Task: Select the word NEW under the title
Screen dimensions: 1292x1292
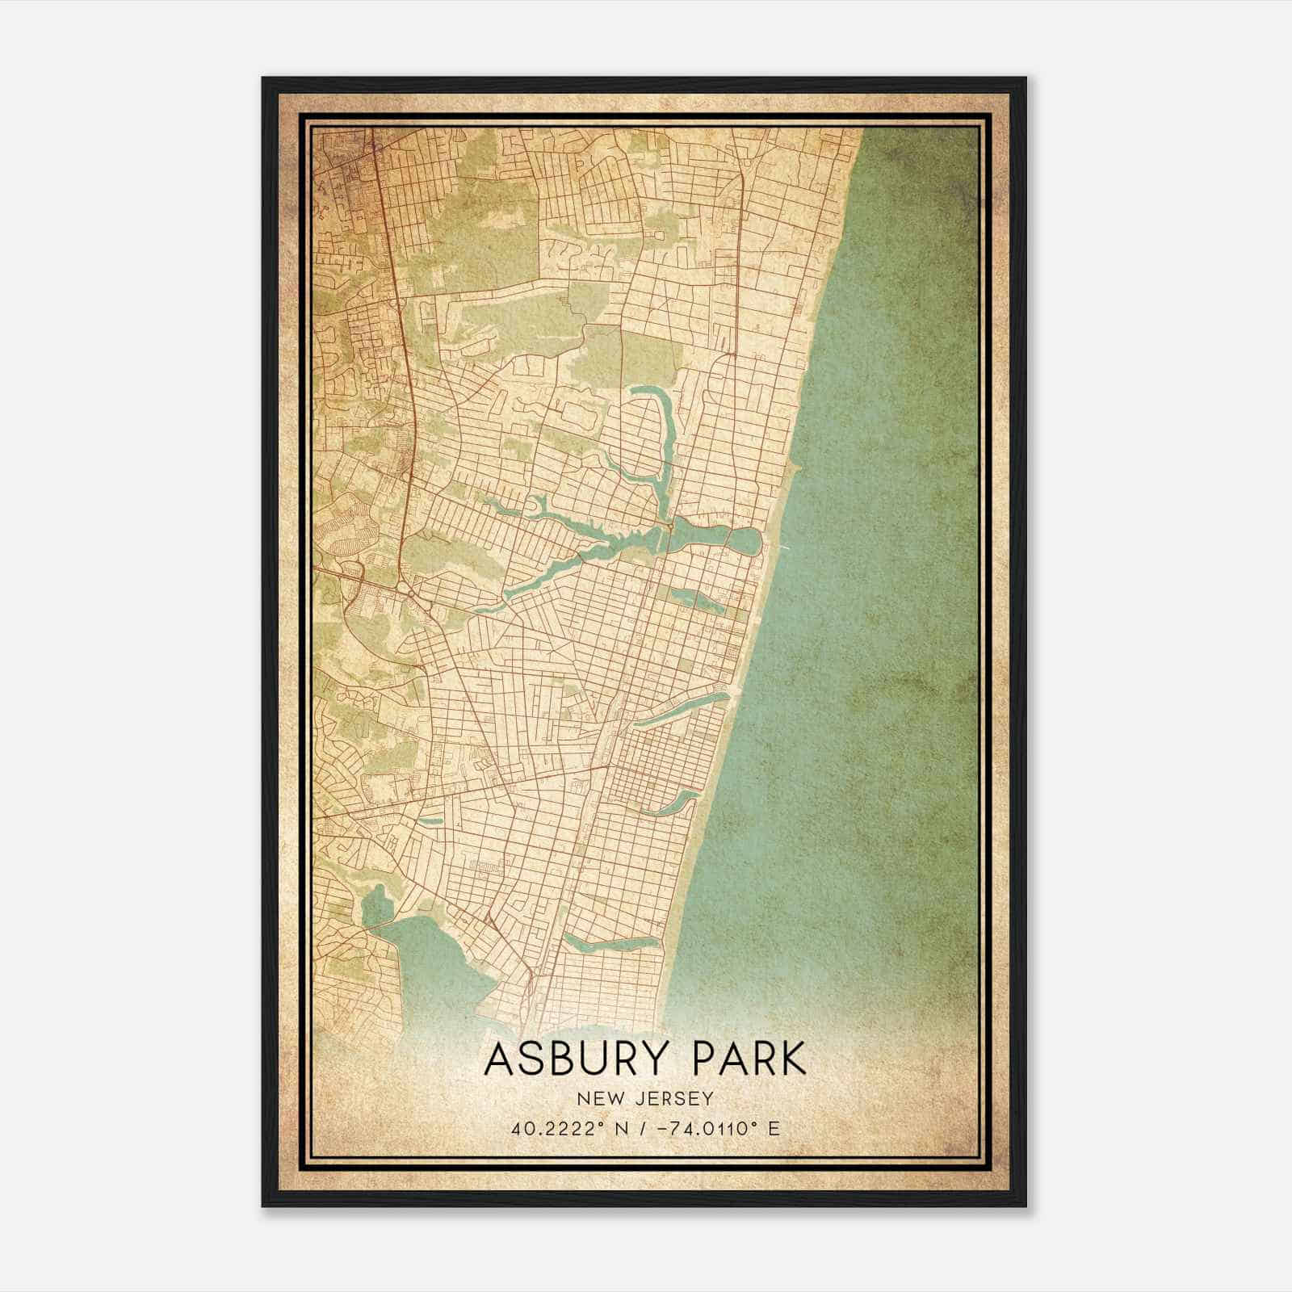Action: pos(598,1098)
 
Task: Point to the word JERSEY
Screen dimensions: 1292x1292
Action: pos(674,1098)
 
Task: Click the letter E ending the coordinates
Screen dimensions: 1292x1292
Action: pos(774,1128)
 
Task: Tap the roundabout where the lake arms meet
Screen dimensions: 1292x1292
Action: pos(671,526)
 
